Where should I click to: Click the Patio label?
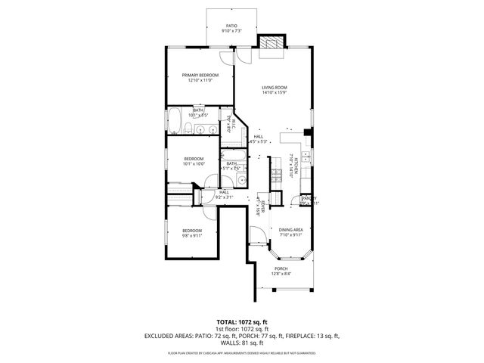point(231,26)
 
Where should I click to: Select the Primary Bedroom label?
point(200,75)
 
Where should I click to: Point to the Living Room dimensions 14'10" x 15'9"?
point(275,94)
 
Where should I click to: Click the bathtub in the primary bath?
point(174,122)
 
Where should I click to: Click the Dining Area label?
point(290,229)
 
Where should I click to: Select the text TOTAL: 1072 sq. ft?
point(241,321)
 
